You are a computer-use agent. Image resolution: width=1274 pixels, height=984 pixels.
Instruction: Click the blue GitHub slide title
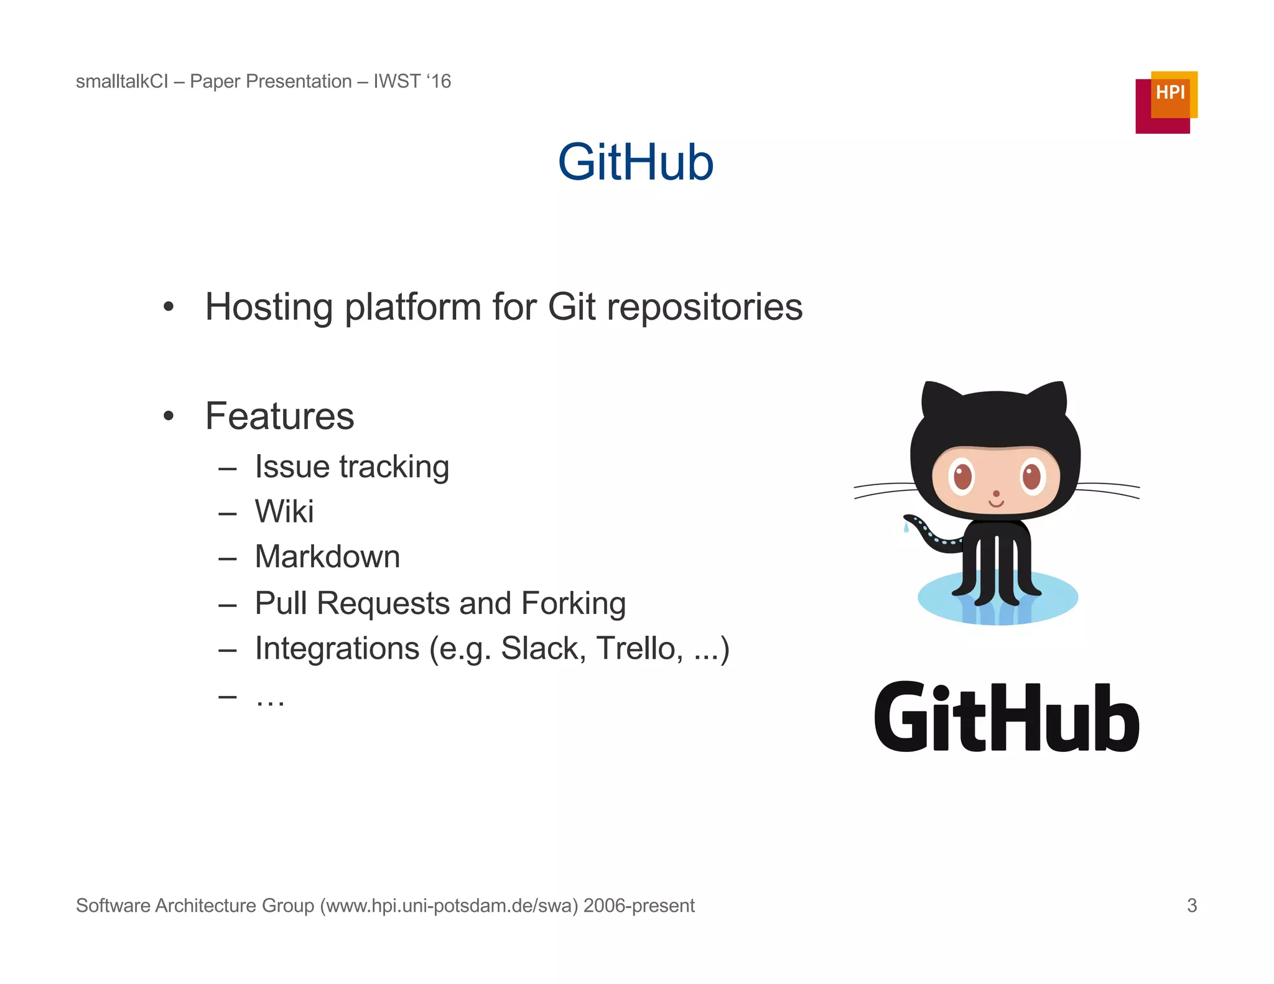point(635,162)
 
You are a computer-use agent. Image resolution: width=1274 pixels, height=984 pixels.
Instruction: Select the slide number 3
point(1191,905)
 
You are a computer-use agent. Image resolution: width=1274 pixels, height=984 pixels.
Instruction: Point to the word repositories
point(704,307)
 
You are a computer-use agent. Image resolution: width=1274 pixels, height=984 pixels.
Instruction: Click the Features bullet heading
point(279,416)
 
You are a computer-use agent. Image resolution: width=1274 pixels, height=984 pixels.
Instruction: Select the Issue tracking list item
point(351,467)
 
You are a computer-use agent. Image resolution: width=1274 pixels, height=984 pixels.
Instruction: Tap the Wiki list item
point(284,512)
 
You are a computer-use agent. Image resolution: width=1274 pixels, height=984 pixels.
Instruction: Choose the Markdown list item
point(327,557)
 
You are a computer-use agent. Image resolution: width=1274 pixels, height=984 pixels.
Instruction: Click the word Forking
point(573,603)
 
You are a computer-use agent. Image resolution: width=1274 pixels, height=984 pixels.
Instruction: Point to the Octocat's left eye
point(962,478)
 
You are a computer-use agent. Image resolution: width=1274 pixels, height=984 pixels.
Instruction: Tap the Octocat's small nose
point(996,494)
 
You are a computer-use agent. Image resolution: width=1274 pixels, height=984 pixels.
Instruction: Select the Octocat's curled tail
point(927,532)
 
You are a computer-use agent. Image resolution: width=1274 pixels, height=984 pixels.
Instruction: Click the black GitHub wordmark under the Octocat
point(1006,717)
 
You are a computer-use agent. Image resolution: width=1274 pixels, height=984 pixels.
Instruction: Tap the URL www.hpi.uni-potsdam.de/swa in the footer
point(449,906)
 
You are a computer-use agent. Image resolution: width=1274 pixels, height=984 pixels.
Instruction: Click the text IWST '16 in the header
point(412,81)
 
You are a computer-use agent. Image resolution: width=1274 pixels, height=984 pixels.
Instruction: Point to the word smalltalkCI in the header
point(122,81)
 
